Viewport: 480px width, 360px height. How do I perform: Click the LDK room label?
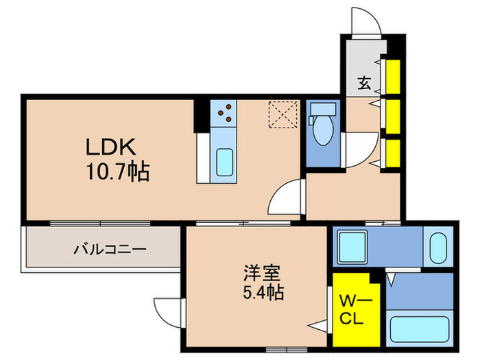click(x=110, y=147)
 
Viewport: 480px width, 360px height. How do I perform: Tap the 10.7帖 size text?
click(x=118, y=171)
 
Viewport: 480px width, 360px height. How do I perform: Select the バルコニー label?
click(x=110, y=250)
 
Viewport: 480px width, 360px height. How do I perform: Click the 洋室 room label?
click(x=262, y=273)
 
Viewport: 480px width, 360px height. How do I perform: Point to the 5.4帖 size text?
click(x=263, y=292)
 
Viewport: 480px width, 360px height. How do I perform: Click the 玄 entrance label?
click(x=364, y=83)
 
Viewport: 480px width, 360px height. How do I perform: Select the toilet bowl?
click(x=324, y=130)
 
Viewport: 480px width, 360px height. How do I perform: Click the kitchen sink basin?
click(x=224, y=162)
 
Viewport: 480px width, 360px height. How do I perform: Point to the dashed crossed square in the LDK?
click(x=283, y=115)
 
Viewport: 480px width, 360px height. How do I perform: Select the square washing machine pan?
click(x=352, y=247)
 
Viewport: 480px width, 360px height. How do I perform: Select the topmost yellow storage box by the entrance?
click(x=393, y=77)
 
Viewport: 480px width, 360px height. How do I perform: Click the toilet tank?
click(x=323, y=109)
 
